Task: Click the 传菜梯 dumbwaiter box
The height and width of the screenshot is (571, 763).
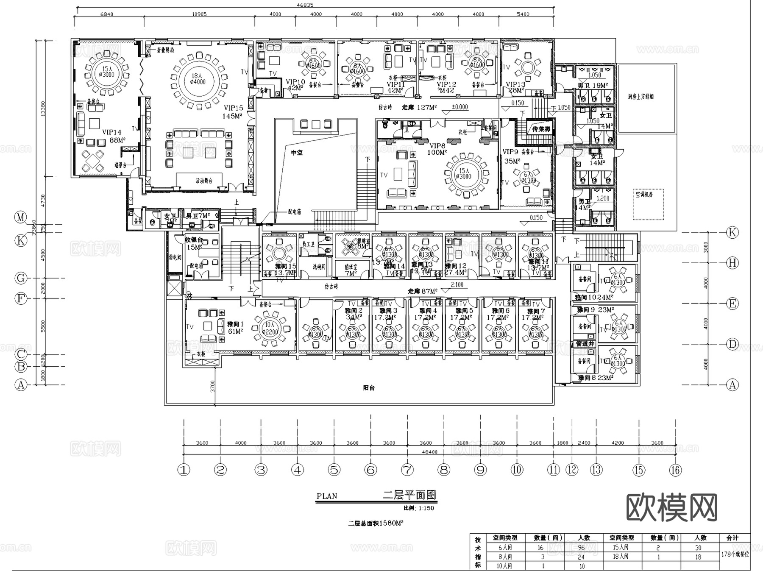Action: point(541,129)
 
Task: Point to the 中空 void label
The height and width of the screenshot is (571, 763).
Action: point(297,153)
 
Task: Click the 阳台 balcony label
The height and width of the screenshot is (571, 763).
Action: point(369,387)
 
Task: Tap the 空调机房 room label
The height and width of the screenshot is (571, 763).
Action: point(644,194)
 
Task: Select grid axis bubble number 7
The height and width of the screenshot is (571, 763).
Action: point(407,470)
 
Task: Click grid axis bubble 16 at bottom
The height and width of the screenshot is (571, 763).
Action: point(675,470)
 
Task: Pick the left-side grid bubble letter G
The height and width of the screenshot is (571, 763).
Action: point(21,279)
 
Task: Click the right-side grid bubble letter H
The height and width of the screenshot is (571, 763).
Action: point(732,263)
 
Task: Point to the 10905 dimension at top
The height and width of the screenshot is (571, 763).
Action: point(199,14)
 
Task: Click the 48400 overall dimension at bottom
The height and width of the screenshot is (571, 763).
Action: point(429,452)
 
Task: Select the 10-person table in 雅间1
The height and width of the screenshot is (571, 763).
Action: point(270,329)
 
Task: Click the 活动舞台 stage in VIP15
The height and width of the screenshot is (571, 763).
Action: point(204,181)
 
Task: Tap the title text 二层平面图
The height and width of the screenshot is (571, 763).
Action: point(409,495)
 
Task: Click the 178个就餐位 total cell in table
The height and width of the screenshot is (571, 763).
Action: point(735,554)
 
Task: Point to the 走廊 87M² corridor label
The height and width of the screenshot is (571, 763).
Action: point(423,291)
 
